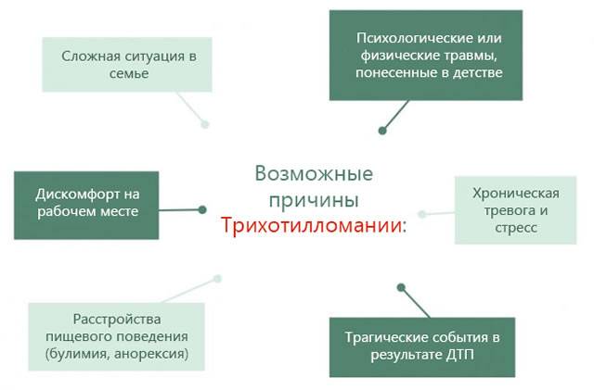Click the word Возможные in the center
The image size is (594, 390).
coord(314,174)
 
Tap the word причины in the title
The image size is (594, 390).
coord(314,200)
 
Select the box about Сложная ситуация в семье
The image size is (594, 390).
coord(128,64)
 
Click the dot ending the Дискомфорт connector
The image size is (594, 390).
coord(201,210)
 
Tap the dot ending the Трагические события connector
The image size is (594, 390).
coord(398,287)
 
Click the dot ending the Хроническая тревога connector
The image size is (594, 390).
coord(422,214)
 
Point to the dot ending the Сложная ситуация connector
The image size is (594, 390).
coord(205,123)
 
